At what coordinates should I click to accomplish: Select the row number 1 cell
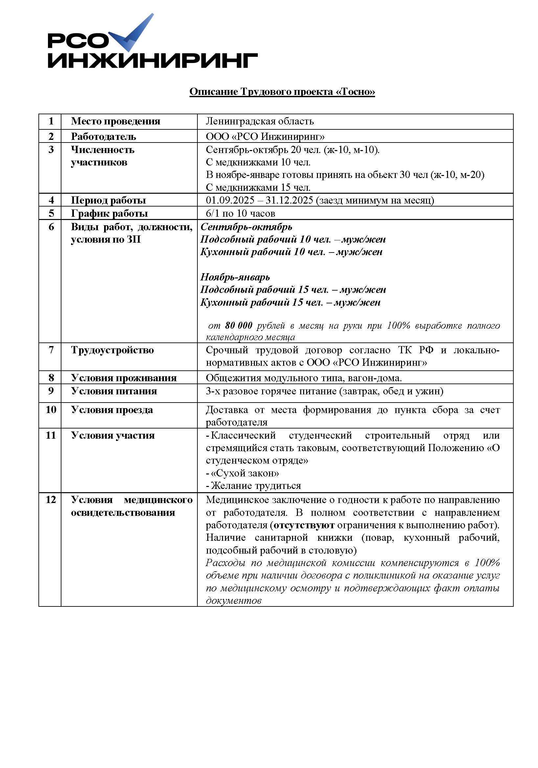click(x=51, y=121)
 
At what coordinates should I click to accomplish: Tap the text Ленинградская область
click(x=259, y=121)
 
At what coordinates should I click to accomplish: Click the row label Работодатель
click(x=103, y=137)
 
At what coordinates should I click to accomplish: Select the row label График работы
click(x=109, y=213)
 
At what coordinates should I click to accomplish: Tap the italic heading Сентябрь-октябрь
click(x=246, y=227)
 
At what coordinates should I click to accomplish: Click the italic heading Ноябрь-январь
click(x=235, y=277)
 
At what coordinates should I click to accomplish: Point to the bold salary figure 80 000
click(x=238, y=325)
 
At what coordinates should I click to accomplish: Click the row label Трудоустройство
click(x=112, y=350)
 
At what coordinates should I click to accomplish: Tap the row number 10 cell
click(x=51, y=410)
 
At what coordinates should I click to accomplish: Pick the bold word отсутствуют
click(x=304, y=525)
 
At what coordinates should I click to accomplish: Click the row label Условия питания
click(x=114, y=391)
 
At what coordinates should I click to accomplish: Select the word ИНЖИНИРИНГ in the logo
click(x=153, y=60)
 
